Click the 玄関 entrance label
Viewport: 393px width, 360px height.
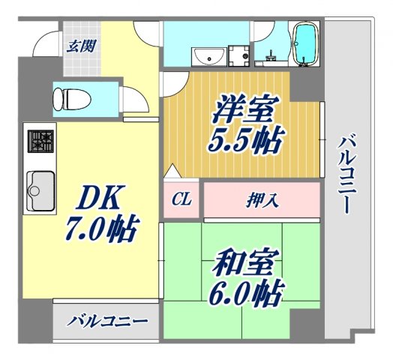click(x=81, y=45)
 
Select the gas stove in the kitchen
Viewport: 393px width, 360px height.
click(x=40, y=141)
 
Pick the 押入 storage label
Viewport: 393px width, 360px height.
click(x=262, y=199)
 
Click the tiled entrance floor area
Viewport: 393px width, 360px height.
click(x=81, y=56)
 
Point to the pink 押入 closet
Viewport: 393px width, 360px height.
click(x=262, y=199)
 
